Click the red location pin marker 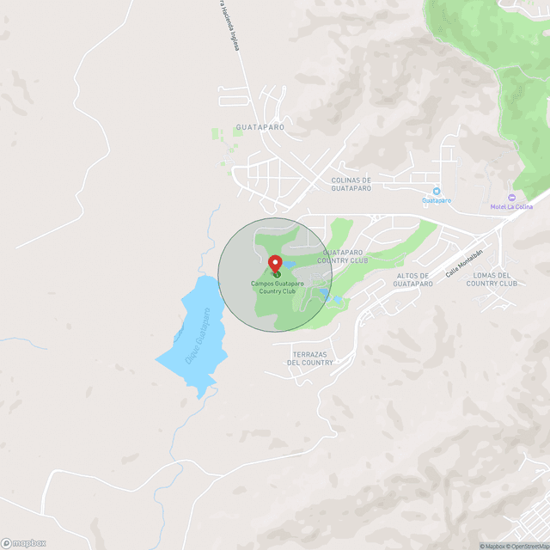click(275, 264)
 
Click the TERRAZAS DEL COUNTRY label click(310, 358)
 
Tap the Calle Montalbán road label click(461, 264)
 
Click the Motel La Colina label click(514, 206)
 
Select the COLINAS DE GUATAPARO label click(351, 184)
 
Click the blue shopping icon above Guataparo click(437, 191)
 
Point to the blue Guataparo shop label click(437, 200)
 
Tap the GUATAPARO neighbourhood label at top click(260, 126)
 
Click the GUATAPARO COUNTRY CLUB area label click(345, 256)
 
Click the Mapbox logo click(23, 542)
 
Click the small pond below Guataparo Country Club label click(333, 298)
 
